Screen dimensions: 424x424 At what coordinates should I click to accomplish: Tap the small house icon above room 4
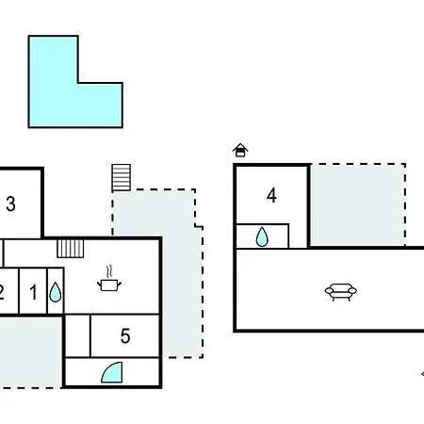pyautogui.click(x=240, y=150)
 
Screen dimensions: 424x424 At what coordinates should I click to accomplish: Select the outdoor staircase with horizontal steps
pyautogui.click(x=122, y=177)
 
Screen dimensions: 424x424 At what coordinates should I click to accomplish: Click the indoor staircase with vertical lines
pyautogui.click(x=71, y=249)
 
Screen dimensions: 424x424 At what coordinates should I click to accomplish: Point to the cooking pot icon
pyautogui.click(x=109, y=285)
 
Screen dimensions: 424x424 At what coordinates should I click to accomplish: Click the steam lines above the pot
pyautogui.click(x=109, y=271)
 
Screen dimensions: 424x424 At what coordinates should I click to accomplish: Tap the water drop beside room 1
pyautogui.click(x=56, y=292)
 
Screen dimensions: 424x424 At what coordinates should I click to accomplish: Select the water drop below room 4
pyautogui.click(x=262, y=236)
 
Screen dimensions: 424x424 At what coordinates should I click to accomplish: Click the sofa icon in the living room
pyautogui.click(x=341, y=292)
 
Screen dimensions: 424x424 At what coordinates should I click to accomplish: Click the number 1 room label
pyautogui.click(x=33, y=292)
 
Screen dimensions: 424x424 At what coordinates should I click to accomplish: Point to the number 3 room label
pyautogui.click(x=10, y=204)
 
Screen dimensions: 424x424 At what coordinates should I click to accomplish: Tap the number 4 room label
pyautogui.click(x=271, y=195)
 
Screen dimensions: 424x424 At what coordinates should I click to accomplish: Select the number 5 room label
pyautogui.click(x=125, y=336)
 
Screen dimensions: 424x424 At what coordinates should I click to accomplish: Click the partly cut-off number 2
pyautogui.click(x=1, y=292)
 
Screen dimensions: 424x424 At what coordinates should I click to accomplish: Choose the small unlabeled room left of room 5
pyautogui.click(x=77, y=335)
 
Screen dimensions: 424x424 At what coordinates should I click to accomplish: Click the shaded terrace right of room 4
pyautogui.click(x=357, y=205)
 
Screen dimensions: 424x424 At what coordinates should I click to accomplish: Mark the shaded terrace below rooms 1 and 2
pyautogui.click(x=30, y=351)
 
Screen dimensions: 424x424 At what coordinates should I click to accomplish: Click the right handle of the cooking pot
pyautogui.click(x=120, y=285)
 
